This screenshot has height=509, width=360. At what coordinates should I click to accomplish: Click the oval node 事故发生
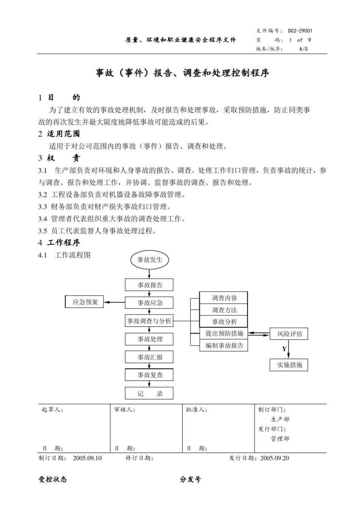(150, 260)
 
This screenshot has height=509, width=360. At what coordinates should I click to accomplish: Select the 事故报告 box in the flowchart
(149, 285)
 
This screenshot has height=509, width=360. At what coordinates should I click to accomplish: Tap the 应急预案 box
(85, 302)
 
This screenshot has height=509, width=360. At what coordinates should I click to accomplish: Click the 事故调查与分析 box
(149, 321)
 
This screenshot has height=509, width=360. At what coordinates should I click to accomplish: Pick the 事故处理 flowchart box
(149, 339)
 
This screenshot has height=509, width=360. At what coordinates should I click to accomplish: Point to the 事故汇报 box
(149, 357)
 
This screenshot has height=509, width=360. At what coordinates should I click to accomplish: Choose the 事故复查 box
(149, 375)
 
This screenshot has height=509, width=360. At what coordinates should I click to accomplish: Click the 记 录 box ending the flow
(149, 393)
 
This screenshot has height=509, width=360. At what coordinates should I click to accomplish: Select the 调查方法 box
(224, 310)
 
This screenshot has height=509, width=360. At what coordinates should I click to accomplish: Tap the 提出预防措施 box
(224, 334)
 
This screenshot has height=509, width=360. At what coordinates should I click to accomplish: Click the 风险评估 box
(289, 334)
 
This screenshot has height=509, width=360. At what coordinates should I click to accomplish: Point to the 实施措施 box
(289, 365)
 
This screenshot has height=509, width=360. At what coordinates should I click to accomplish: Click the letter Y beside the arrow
(284, 349)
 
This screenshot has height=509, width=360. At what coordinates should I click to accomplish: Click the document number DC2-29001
(300, 31)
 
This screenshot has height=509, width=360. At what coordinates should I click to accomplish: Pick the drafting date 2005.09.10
(87, 458)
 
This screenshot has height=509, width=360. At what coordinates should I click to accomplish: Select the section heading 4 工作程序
(59, 242)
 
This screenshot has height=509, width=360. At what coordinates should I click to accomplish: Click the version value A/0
(304, 49)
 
